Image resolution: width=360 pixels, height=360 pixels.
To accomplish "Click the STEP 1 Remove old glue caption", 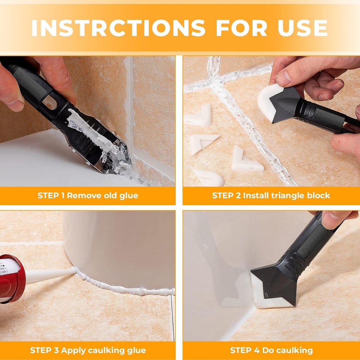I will [88, 195].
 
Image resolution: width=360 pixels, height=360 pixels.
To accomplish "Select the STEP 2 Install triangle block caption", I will [271, 195].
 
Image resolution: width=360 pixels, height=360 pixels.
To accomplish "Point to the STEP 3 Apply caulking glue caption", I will [88, 350].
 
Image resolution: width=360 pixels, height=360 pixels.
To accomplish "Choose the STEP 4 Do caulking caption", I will [271, 350].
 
